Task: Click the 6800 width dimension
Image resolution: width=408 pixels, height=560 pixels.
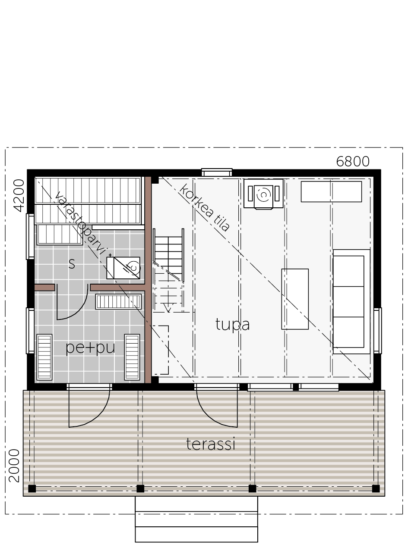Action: coord(353,162)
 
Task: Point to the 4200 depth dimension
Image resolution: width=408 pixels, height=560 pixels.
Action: coord(19,195)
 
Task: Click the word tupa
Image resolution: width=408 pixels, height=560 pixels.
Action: coord(233,325)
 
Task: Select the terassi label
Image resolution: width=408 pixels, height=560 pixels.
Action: coord(211,444)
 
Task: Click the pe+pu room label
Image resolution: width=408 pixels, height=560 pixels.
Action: coord(90,347)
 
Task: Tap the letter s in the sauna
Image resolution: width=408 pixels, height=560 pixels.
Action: coord(72,264)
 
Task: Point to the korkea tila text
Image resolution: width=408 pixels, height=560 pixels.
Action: coord(205,207)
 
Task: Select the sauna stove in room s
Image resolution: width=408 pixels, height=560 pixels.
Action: coord(123,268)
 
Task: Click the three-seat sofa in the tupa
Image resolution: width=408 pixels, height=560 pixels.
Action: coord(351,301)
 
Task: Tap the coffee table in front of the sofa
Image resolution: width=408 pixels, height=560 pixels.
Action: coord(295,299)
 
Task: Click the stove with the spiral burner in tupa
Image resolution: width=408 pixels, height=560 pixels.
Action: coord(263,194)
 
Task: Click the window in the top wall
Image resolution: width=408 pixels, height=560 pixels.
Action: coord(217,172)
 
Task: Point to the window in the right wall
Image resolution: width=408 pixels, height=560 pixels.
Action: coord(377,331)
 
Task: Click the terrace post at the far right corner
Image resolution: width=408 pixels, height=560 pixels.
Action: coord(376,488)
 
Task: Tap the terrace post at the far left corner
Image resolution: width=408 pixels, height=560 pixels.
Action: coord(32,488)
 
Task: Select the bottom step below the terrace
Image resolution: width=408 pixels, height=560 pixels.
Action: coord(196,534)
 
